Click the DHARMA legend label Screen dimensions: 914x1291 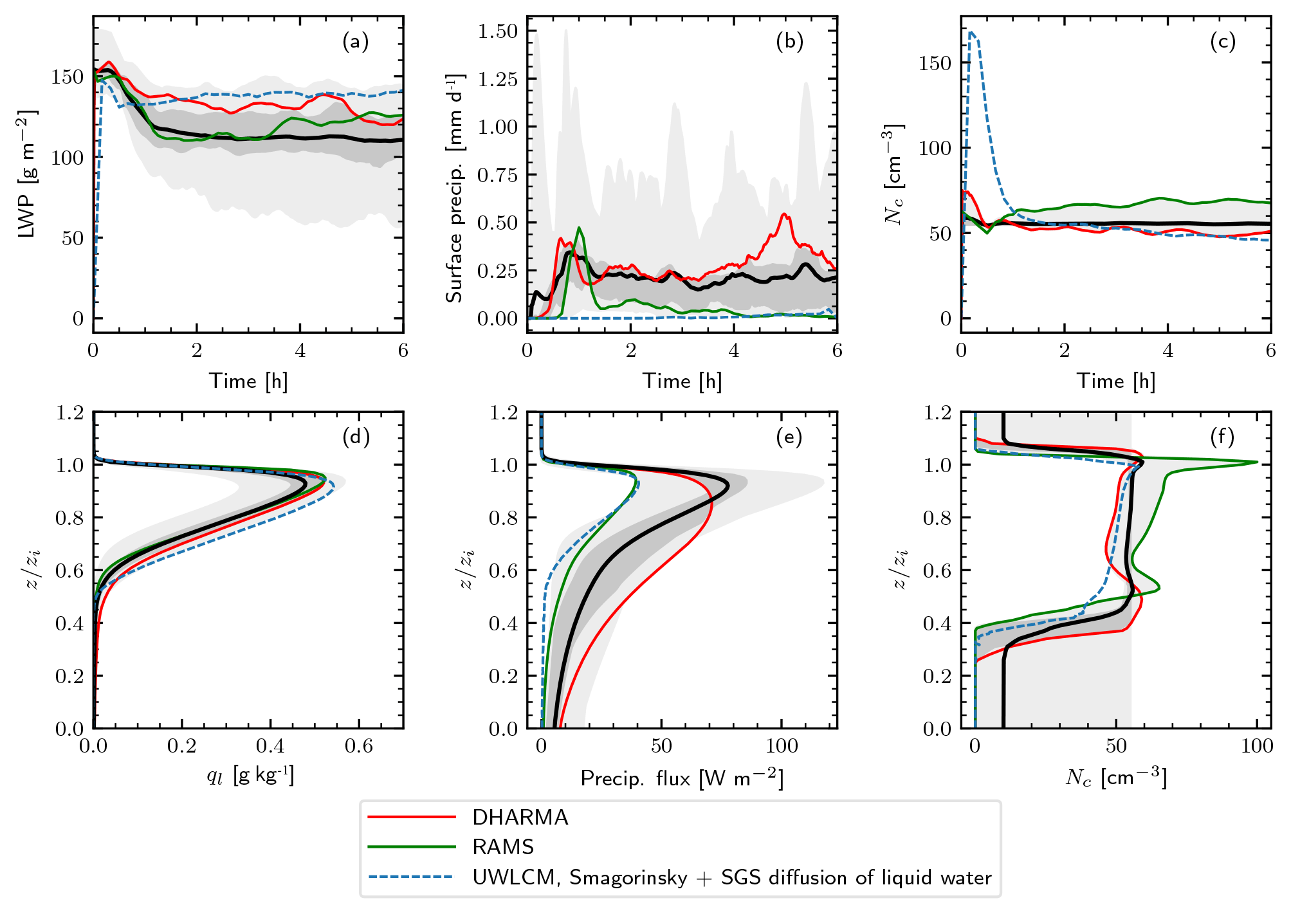pyautogui.click(x=520, y=818)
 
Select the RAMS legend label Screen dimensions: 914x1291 pyautogui.click(x=503, y=847)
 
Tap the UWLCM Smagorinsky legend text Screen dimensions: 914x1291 pyautogui.click(x=731, y=877)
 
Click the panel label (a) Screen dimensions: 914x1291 pyautogui.click(x=355, y=42)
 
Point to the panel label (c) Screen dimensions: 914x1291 pyautogui.click(x=1222, y=42)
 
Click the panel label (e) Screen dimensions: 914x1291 pyautogui.click(x=789, y=437)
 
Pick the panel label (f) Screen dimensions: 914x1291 pyautogui.click(x=1222, y=437)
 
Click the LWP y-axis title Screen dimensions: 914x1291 pyautogui.click(x=27, y=174)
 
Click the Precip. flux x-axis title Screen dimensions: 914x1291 pyautogui.click(x=682, y=779)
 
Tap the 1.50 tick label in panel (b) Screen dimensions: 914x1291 pyautogui.click(x=497, y=31)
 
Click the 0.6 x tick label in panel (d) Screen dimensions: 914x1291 pyautogui.click(x=358, y=746)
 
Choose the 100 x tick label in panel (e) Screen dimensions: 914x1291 pyautogui.click(x=782, y=746)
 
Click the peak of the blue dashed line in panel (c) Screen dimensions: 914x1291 pyautogui.click(x=971, y=32)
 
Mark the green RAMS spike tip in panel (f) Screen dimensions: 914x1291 pyautogui.click(x=1256, y=462)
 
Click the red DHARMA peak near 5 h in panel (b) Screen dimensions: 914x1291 pyautogui.click(x=784, y=214)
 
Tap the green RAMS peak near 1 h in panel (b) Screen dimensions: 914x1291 pyautogui.click(x=579, y=228)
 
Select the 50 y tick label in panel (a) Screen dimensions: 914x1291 pyautogui.click(x=73, y=238)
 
